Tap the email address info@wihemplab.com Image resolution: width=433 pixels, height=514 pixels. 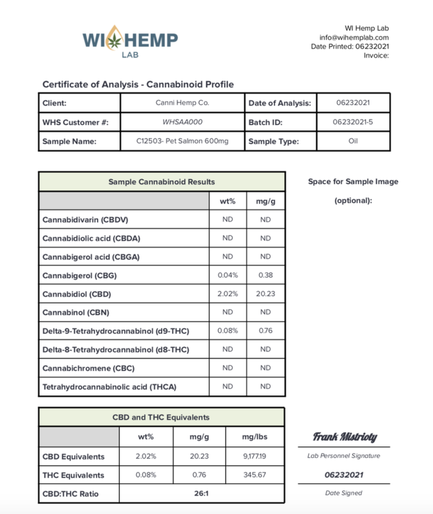point(354,37)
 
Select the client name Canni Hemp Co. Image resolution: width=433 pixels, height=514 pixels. point(182,102)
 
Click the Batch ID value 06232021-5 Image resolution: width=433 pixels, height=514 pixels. point(352,122)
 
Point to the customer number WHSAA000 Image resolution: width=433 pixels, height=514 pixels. point(182,122)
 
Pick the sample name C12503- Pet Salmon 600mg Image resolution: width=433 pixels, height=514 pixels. point(182,142)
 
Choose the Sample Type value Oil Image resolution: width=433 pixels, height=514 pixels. point(352,142)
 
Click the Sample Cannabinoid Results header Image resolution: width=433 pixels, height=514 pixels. point(161,182)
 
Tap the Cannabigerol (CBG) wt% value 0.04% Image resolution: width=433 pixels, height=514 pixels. point(227,275)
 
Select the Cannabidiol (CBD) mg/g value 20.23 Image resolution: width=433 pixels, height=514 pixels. point(265,294)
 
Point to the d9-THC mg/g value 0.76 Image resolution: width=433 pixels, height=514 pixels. point(265,331)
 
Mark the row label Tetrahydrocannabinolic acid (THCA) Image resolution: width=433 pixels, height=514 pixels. point(109,387)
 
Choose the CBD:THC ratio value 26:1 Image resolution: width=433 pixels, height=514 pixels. point(201,494)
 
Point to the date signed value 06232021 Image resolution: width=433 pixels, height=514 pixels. point(344,475)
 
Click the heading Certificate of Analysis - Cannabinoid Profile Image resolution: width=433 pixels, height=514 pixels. point(138,85)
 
